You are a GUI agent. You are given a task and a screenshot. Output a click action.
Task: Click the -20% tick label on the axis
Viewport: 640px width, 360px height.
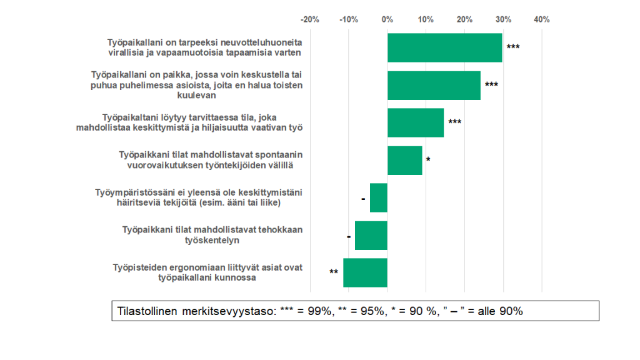(310, 19)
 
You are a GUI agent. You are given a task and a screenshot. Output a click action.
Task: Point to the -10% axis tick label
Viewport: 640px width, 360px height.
(349, 19)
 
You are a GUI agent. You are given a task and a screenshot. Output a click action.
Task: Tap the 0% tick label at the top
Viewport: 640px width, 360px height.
(387, 19)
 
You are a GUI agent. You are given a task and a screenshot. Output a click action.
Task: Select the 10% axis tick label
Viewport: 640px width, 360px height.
(426, 19)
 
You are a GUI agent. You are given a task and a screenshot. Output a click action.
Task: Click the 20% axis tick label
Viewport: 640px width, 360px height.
(464, 19)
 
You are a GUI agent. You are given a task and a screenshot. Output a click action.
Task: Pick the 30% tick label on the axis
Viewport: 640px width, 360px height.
(503, 19)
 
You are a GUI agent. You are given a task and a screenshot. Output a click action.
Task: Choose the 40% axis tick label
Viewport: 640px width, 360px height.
(541, 19)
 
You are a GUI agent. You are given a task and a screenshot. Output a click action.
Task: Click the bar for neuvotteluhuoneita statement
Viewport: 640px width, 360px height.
(444, 47)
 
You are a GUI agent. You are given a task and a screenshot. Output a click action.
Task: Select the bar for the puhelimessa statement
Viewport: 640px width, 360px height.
(434, 85)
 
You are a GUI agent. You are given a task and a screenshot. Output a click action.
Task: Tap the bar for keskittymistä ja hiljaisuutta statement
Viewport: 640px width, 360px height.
(415, 122)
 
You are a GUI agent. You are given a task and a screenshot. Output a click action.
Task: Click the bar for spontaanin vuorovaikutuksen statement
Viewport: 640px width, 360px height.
(404, 160)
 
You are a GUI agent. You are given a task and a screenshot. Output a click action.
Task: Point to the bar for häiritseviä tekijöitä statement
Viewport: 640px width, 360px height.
(379, 197)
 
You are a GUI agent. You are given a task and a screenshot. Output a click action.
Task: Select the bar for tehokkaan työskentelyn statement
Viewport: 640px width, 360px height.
(371, 235)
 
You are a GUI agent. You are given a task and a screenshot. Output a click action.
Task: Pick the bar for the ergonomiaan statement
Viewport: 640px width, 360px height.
(365, 272)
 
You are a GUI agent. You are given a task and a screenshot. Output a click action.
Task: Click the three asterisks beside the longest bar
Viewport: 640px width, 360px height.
(512, 47)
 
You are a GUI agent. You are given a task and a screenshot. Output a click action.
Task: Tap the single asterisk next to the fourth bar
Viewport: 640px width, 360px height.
(428, 160)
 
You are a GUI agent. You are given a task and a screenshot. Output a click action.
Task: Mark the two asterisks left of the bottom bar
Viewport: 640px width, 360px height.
(334, 272)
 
